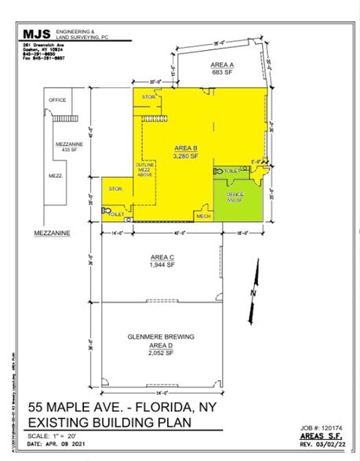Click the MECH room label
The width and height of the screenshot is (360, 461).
[203, 216]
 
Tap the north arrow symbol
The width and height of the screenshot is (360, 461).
[253, 280]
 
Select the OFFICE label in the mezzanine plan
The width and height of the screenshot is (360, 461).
[57, 100]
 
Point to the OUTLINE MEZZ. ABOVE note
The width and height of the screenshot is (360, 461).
[145, 169]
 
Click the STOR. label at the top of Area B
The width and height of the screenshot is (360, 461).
[148, 96]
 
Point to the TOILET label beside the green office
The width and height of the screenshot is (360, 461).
[231, 170]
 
